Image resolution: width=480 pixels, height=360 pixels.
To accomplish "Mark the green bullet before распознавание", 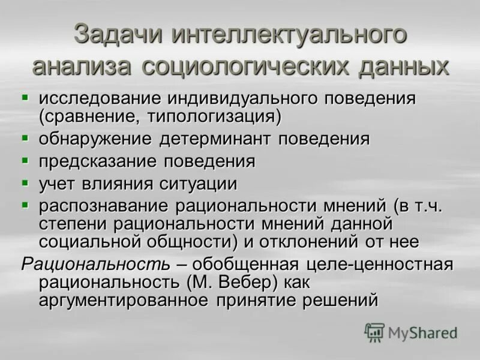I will click(25, 204).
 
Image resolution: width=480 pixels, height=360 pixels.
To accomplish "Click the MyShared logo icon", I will click(374, 332).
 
